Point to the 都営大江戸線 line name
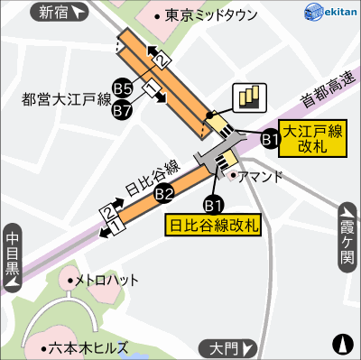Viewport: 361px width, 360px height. (x=65, y=101)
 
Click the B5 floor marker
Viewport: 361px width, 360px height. (x=123, y=88)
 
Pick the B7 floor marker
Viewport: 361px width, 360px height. (x=123, y=111)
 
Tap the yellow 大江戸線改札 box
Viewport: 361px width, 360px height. (x=311, y=138)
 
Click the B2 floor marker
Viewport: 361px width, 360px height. (x=164, y=192)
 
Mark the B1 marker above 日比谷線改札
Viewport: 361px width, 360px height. (x=215, y=203)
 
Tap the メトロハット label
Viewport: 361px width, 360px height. (x=106, y=280)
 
